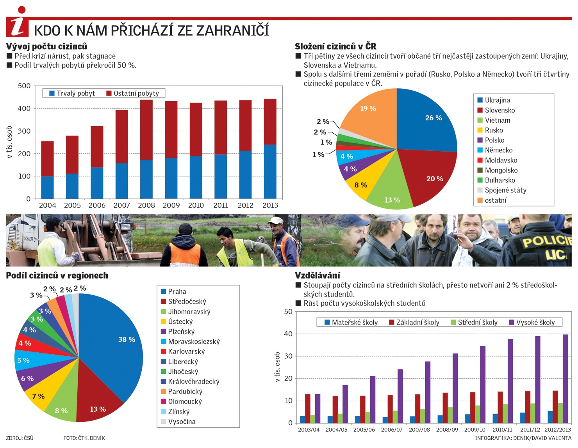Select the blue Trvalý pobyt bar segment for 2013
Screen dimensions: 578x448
coord(270,171)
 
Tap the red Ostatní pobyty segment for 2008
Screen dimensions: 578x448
coord(146,130)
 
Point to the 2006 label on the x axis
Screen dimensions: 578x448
coord(97,205)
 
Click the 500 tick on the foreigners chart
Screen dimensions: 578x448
coord(24,86)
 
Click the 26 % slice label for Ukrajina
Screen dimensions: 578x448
coord(433,118)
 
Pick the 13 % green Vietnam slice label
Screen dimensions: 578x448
coord(392,200)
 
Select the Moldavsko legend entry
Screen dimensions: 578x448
coord(497,160)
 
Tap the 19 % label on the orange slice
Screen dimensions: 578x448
coord(368,108)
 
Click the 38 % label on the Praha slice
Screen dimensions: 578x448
coord(127,339)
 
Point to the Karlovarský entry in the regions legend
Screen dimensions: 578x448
coord(183,352)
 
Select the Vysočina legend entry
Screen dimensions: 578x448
coord(178,421)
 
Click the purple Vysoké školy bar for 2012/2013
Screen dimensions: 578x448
coord(565,378)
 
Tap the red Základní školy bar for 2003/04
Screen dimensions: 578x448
coord(307,409)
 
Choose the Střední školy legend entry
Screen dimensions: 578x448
coord(474,323)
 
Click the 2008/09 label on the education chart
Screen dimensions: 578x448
coord(447,430)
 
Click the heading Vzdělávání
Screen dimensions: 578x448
coord(318,275)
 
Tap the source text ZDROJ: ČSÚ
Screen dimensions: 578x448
coord(20,438)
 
